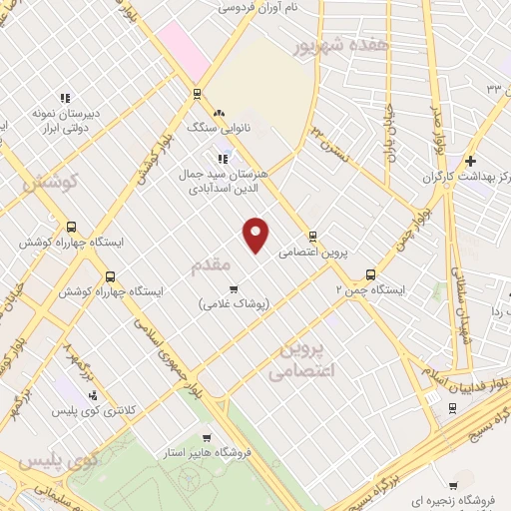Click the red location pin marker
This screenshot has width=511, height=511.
click(257, 235)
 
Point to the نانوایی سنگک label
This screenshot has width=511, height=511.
click(214, 129)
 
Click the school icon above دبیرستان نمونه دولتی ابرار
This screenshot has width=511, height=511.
click(64, 98)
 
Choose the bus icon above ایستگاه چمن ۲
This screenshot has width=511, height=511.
click(370, 273)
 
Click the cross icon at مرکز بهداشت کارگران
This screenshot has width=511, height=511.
click(470, 161)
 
